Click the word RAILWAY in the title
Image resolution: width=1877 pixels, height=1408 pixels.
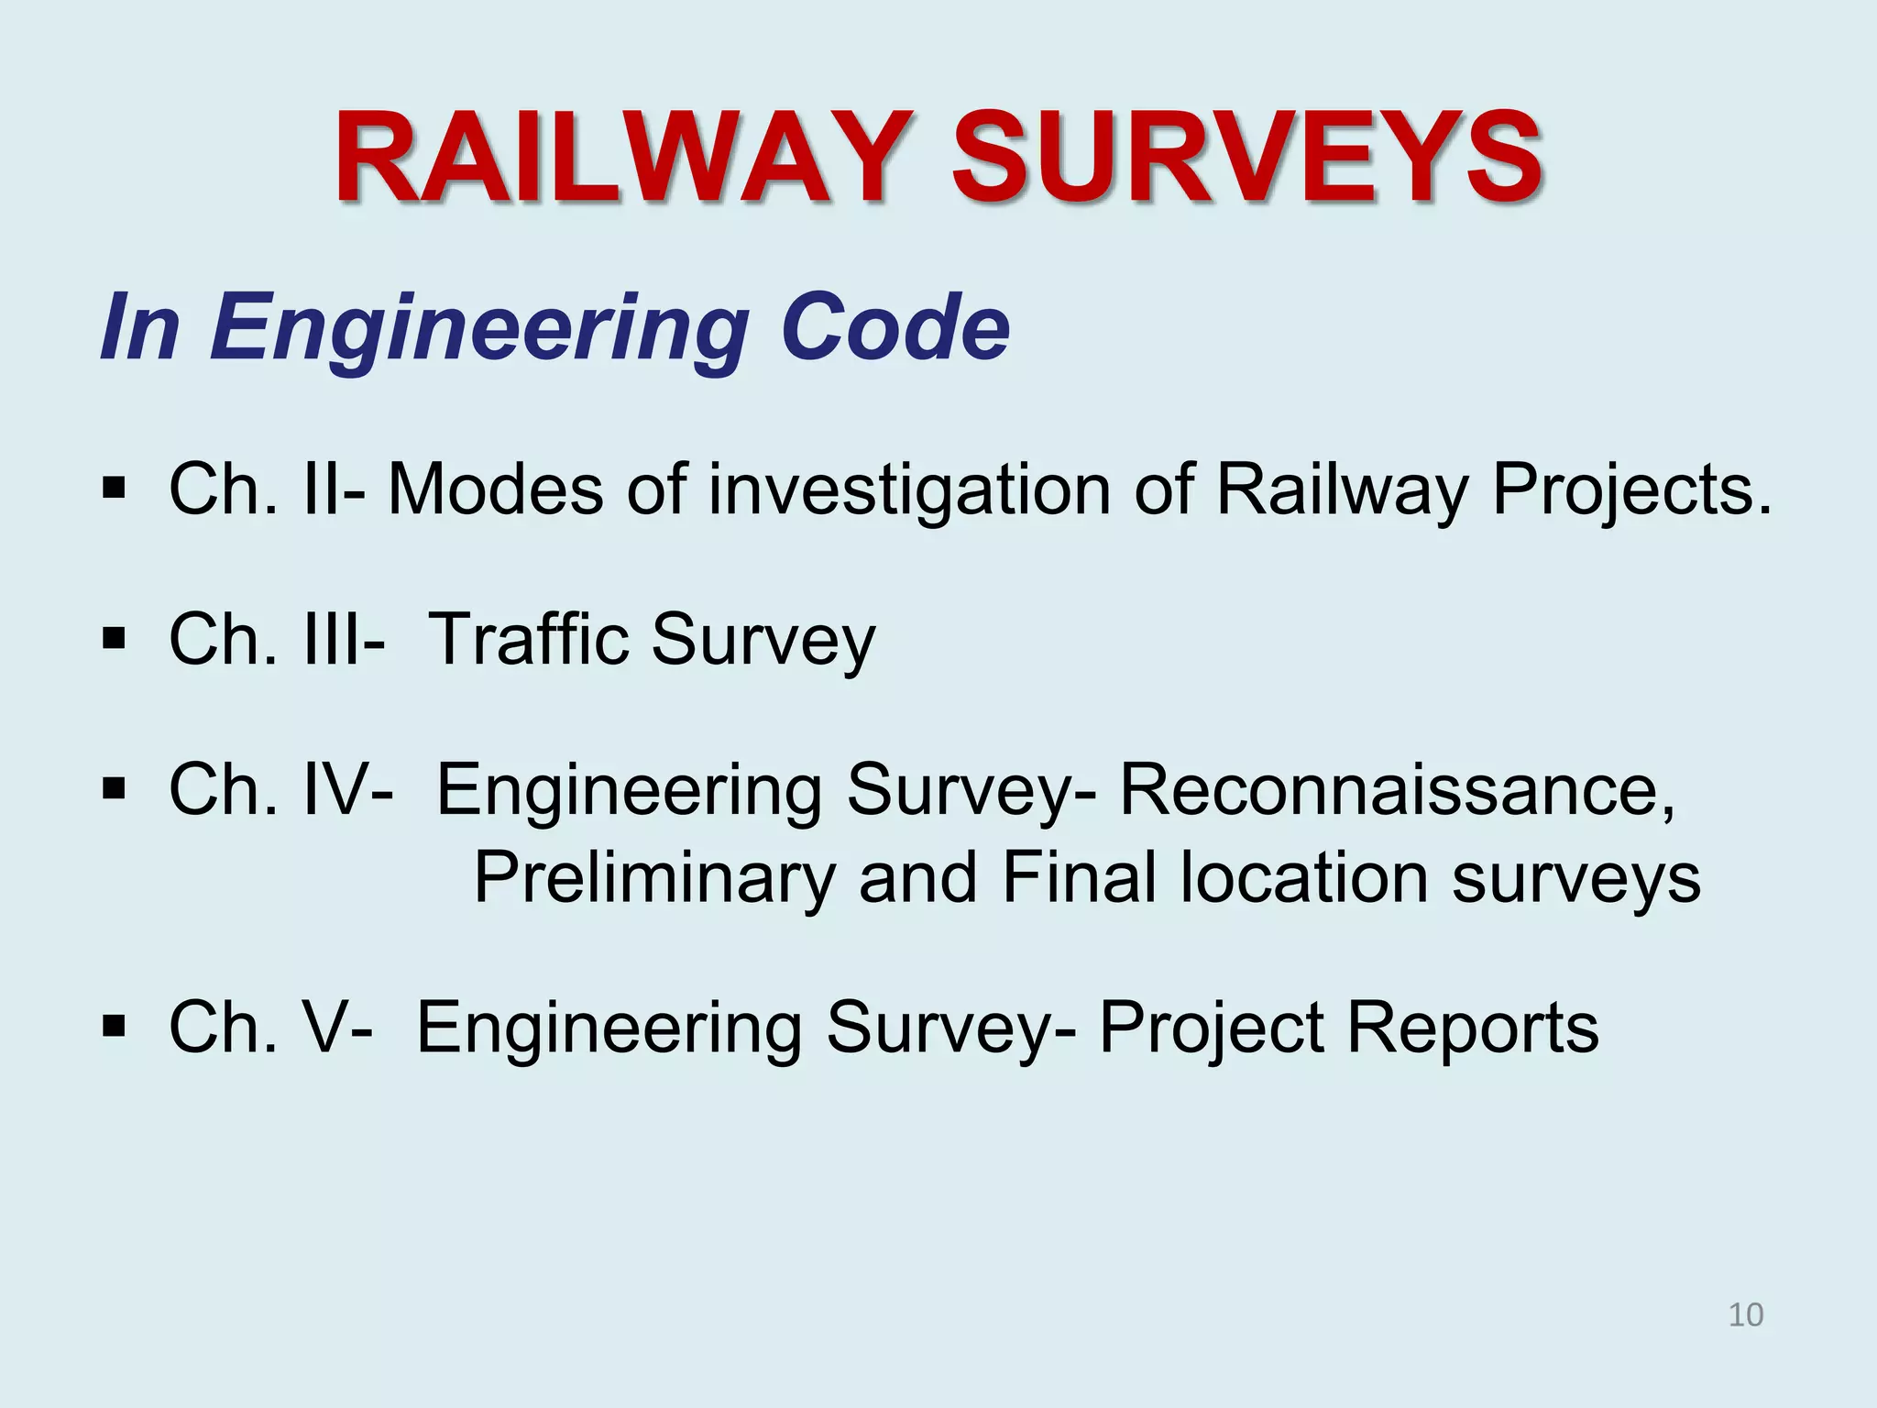[x=623, y=158]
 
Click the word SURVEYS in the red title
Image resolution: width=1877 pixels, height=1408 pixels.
[x=1246, y=158]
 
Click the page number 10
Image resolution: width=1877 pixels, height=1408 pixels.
[x=1745, y=1314]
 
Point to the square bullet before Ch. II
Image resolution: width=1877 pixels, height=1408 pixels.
[x=114, y=487]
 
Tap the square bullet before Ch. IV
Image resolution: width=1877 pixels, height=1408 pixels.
[x=114, y=787]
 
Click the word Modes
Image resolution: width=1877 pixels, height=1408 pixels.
[x=496, y=489]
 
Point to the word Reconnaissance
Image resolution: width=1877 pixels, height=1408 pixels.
[x=1398, y=789]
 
